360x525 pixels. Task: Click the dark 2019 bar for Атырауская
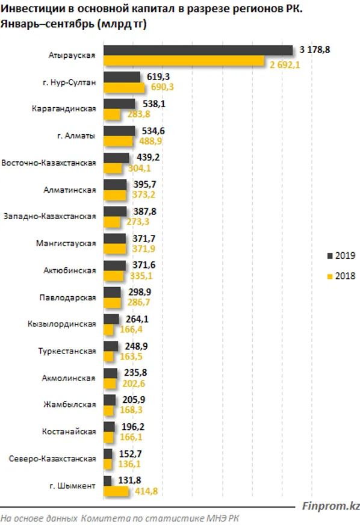coord(197,51)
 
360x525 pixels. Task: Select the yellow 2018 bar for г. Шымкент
coord(116,491)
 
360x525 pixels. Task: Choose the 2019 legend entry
coord(341,255)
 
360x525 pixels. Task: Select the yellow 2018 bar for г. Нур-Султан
coord(124,88)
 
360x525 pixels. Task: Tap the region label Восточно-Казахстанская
coord(49,163)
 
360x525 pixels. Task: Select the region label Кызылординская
coord(62,325)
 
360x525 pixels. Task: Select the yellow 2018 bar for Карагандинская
coord(111,114)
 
